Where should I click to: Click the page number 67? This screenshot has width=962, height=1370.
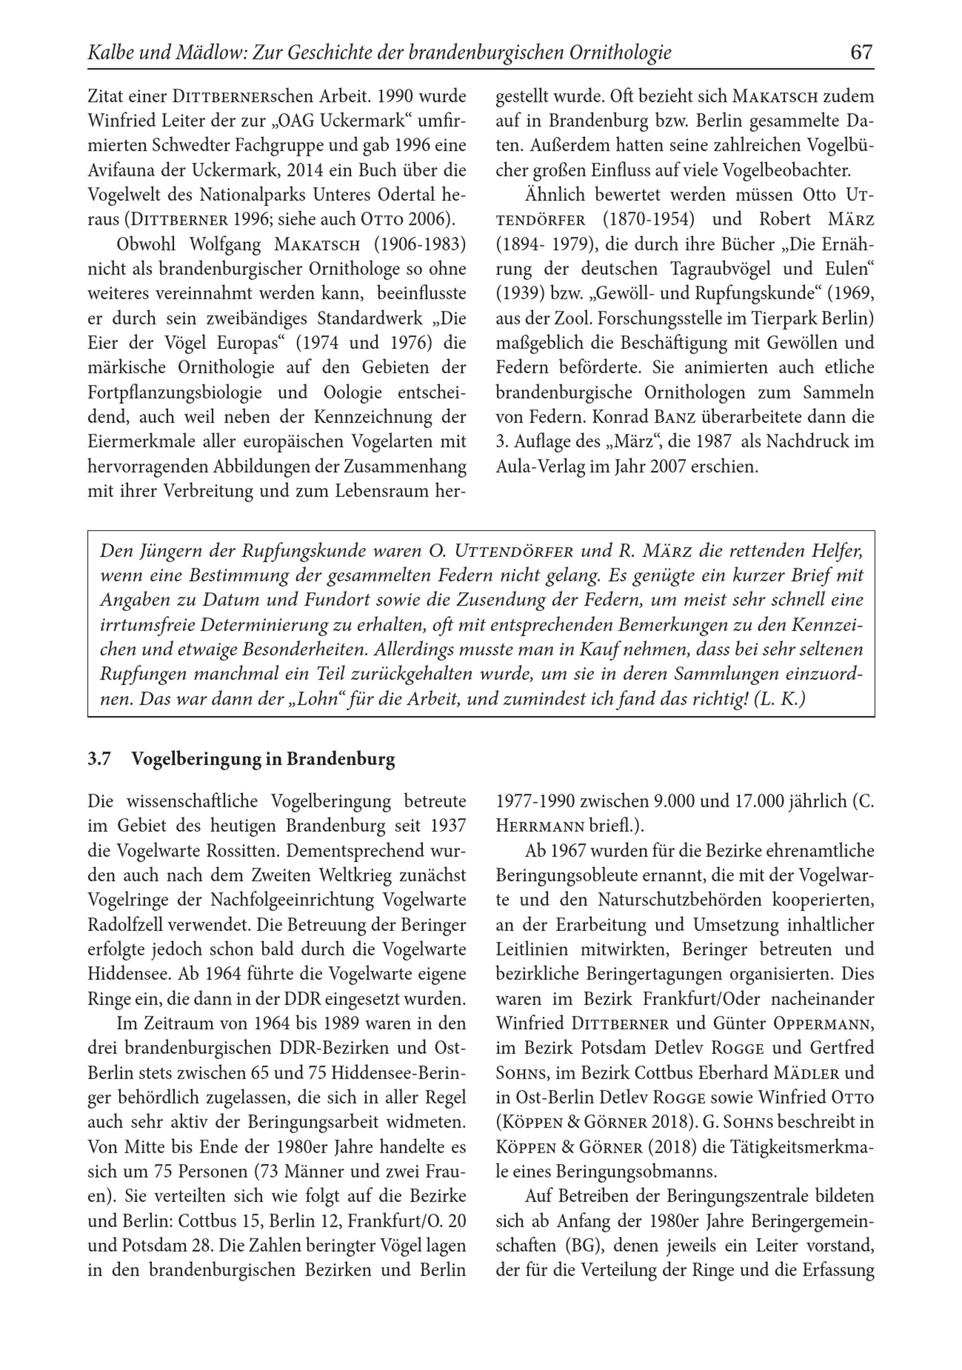pyautogui.click(x=861, y=52)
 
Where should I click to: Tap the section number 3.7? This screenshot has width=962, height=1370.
pyautogui.click(x=99, y=759)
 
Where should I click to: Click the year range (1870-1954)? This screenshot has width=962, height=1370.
pyautogui.click(x=649, y=219)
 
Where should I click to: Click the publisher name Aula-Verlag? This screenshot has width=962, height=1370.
pyautogui.click(x=540, y=467)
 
